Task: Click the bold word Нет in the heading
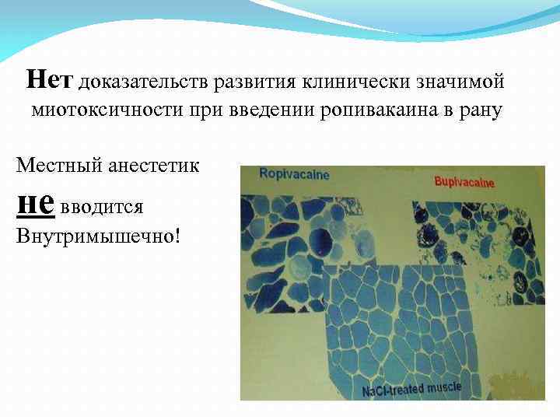pyautogui.click(x=50, y=79)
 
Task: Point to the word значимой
pyautogui.click(x=465, y=81)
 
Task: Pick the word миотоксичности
pyautogui.click(x=106, y=110)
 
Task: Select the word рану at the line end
pyautogui.click(x=482, y=110)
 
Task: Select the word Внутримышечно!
pyautogui.click(x=98, y=235)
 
